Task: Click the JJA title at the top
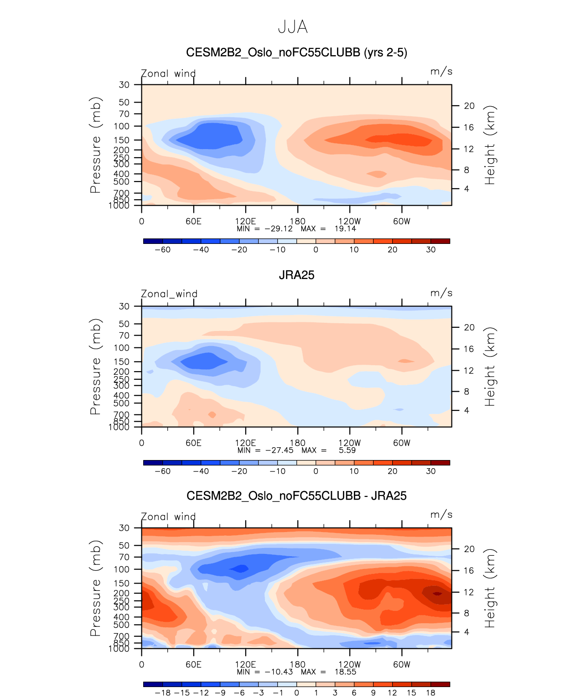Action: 293,27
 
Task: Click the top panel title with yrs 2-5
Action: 296,52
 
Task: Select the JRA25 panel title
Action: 296,275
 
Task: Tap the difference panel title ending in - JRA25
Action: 296,496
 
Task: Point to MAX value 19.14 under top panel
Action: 345,229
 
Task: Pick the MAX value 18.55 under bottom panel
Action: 345,672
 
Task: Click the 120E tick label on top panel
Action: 245,222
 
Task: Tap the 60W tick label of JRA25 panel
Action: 402,443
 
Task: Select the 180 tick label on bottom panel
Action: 298,665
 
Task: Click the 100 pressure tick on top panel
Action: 124,126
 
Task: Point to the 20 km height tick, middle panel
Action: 469,327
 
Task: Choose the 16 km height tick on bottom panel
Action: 469,571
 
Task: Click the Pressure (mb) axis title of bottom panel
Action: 95,588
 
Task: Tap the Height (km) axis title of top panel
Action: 490,145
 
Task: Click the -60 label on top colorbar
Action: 162,250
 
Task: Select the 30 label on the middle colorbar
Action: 431,471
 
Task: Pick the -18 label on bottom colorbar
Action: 162,693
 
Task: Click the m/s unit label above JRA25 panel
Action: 441,293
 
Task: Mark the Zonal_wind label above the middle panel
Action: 169,294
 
